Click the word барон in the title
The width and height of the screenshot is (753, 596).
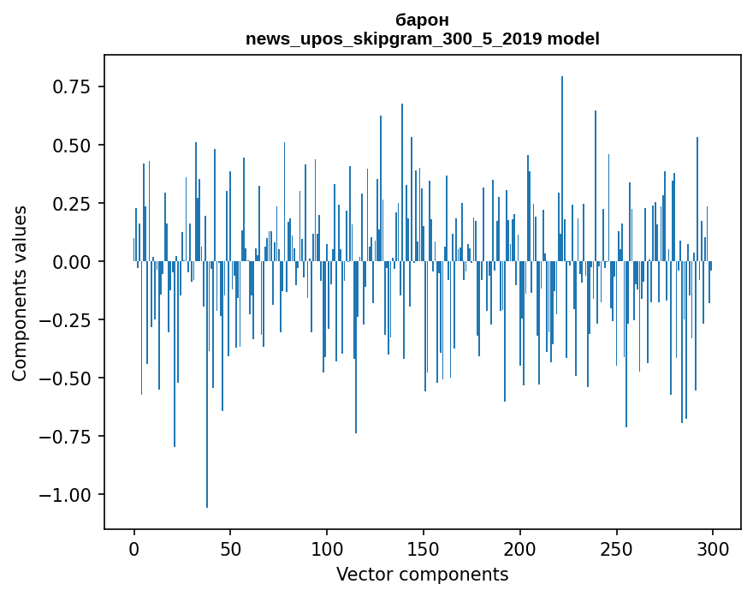(x=423, y=20)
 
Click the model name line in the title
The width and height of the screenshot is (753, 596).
(x=423, y=39)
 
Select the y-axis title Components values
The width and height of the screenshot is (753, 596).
(x=20, y=293)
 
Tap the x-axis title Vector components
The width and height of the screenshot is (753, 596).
(x=423, y=575)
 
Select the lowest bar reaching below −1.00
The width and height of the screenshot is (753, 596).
(x=207, y=385)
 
